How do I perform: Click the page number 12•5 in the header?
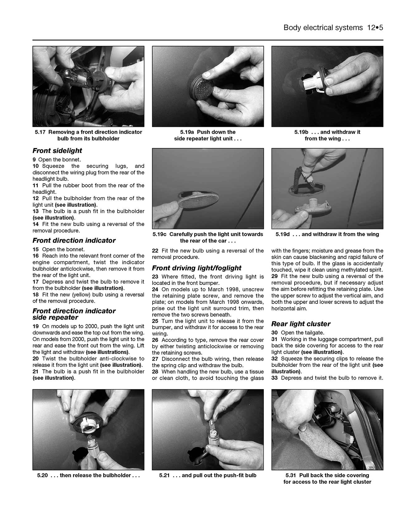pyautogui.click(x=375, y=28)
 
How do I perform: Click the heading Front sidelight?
pyautogui.click(x=57, y=151)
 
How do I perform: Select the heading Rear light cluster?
pyautogui.click(x=301, y=324)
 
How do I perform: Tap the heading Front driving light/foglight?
pyautogui.click(x=197, y=268)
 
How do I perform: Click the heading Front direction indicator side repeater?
pyautogui.click(x=74, y=314)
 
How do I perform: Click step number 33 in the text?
pyautogui.click(x=274, y=378)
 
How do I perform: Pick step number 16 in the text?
pyautogui.click(x=35, y=256)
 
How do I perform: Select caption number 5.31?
pyautogui.click(x=291, y=476)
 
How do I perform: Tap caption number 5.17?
pyautogui.click(x=40, y=132)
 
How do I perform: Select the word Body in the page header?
pyautogui.click(x=292, y=28)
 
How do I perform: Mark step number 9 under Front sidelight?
pyautogui.click(x=34, y=160)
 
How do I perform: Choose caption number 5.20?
pyautogui.click(x=42, y=476)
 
